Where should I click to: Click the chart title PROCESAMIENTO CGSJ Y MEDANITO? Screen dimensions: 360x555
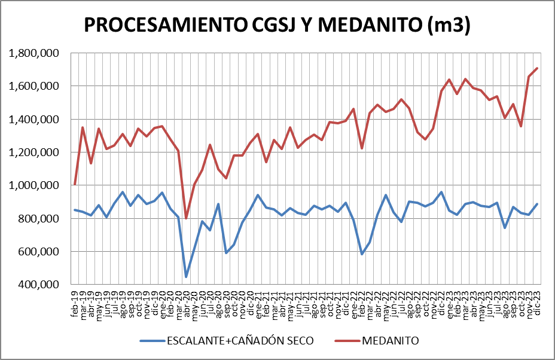(277, 25)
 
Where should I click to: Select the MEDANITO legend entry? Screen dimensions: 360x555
(389, 341)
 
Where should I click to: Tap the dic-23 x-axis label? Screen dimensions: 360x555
(537, 304)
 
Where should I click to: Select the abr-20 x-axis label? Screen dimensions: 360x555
(186, 304)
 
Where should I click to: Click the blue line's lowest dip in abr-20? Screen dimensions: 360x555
(186, 277)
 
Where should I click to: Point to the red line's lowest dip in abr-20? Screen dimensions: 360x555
(186, 218)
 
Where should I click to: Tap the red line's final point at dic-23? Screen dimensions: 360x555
(537, 68)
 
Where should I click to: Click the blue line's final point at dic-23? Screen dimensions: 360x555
(537, 204)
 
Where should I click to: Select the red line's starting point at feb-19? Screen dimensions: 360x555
(75, 185)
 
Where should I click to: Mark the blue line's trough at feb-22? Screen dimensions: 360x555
(361, 254)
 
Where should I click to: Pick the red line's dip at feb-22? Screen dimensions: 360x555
(361, 148)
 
